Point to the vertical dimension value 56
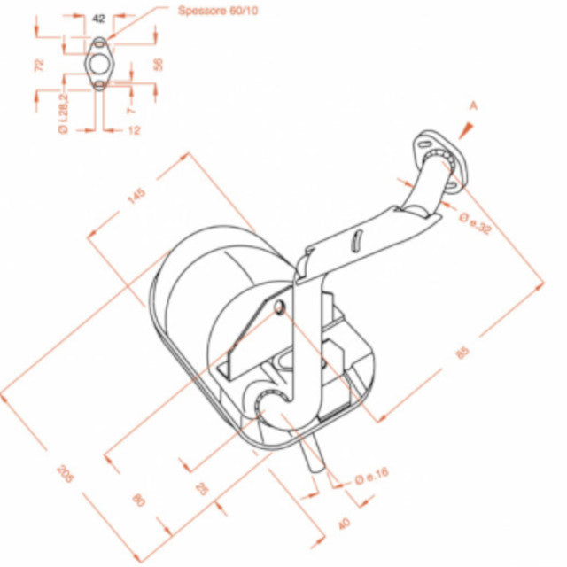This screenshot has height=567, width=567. [159, 64]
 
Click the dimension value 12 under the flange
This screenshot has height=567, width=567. [135, 129]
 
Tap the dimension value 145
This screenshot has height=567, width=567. [137, 196]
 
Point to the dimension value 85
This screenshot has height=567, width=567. [462, 353]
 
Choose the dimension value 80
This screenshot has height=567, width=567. [137, 500]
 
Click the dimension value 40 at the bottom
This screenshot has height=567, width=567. [344, 524]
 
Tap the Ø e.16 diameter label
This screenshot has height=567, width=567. [371, 477]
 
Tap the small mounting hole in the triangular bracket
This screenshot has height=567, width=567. [280, 307]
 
